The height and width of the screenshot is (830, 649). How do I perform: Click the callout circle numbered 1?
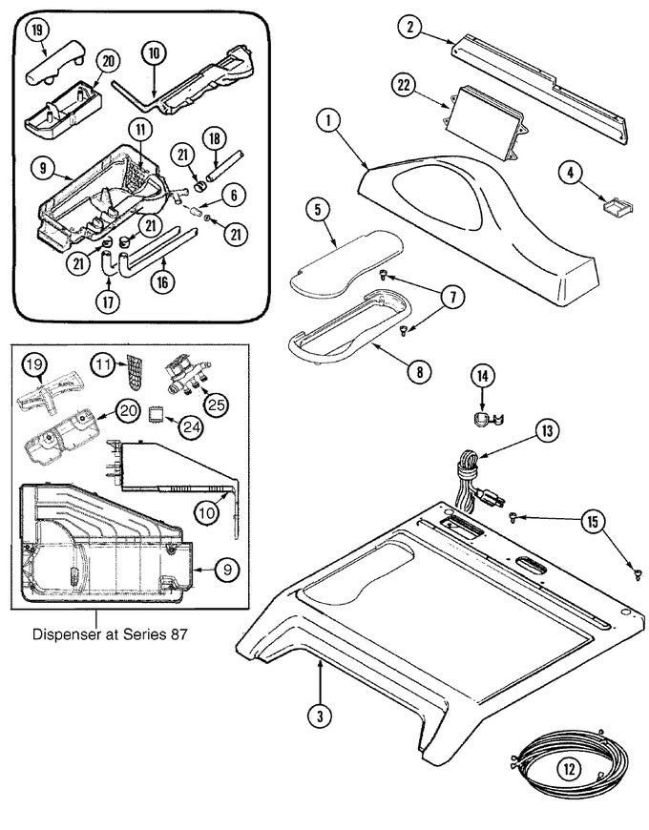(326, 121)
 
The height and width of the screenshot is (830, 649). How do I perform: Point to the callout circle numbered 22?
(405, 86)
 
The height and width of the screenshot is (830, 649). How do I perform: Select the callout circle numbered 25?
(217, 405)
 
